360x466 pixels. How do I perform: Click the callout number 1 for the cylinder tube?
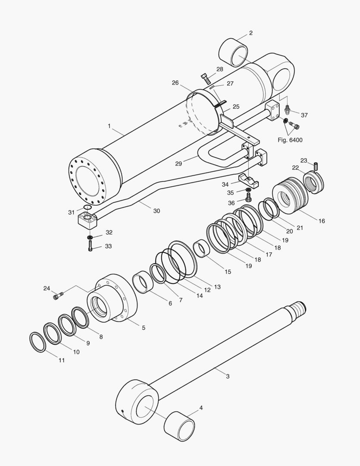tap(109, 126)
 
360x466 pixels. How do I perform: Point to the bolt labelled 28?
tap(206, 79)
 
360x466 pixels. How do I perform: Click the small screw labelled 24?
tap(58, 296)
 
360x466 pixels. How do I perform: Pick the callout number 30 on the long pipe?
tap(156, 211)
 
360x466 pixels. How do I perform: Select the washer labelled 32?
tap(90, 237)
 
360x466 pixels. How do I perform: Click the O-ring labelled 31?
tap(87, 208)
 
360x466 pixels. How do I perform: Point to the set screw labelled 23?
tap(316, 166)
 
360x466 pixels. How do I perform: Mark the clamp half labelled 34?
tap(249, 180)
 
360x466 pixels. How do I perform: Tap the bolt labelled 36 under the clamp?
tap(249, 198)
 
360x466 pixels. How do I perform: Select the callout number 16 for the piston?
tap(322, 221)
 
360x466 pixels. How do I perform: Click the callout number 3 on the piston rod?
tap(228, 376)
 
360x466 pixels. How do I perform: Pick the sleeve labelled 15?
tap(201, 249)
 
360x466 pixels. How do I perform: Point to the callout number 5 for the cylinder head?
tap(143, 328)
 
